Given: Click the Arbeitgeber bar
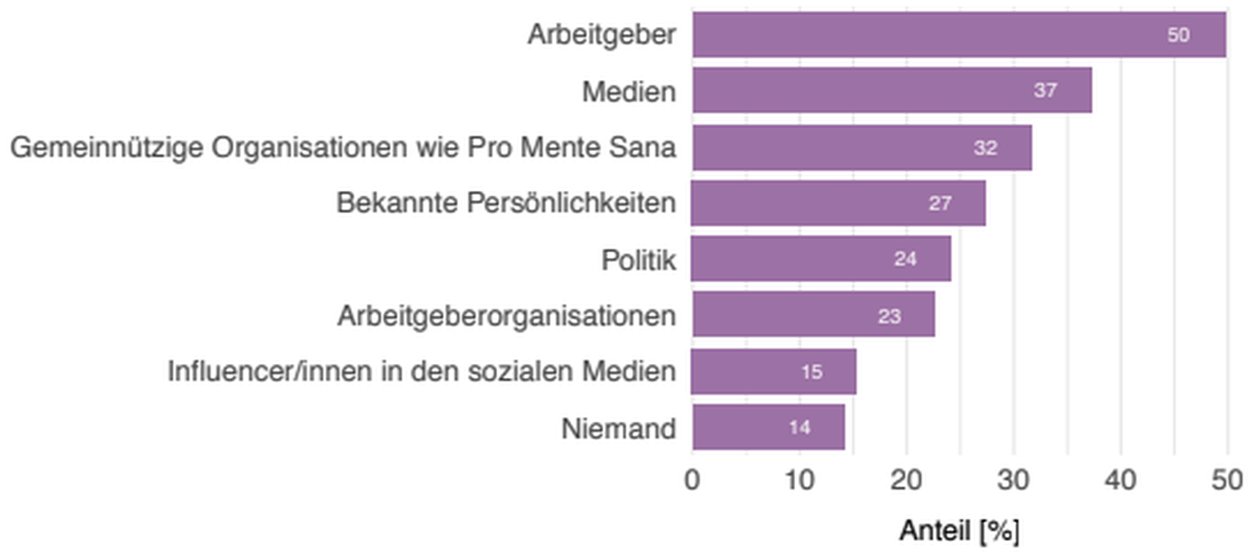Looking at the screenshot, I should tap(958, 34).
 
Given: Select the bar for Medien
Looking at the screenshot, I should tap(892, 91).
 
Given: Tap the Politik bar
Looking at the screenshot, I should tap(820, 259).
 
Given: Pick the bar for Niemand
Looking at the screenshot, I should tap(767, 427).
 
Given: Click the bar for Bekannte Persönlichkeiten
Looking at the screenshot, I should tap(838, 203).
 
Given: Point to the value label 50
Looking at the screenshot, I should tap(1178, 35).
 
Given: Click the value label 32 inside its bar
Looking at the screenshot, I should tap(985, 148).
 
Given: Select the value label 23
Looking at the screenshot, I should tap(889, 316).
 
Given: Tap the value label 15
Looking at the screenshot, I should tap(812, 372).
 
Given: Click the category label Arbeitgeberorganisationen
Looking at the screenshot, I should tap(507, 316).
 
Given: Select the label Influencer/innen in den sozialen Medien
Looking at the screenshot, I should tap(422, 372).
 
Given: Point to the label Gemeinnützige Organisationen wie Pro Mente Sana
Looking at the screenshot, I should tap(343, 148).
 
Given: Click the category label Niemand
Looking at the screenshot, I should tap(619, 428).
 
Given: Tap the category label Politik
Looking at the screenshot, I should tap(638, 260).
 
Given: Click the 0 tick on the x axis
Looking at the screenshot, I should tap(692, 481).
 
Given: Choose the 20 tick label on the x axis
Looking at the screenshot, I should tap(906, 481).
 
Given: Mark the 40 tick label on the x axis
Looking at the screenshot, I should tap(1120, 481).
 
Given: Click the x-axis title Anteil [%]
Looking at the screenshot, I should tap(959, 531).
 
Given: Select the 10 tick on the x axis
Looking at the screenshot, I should tap(799, 481).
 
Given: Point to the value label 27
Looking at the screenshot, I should tap(940, 203).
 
